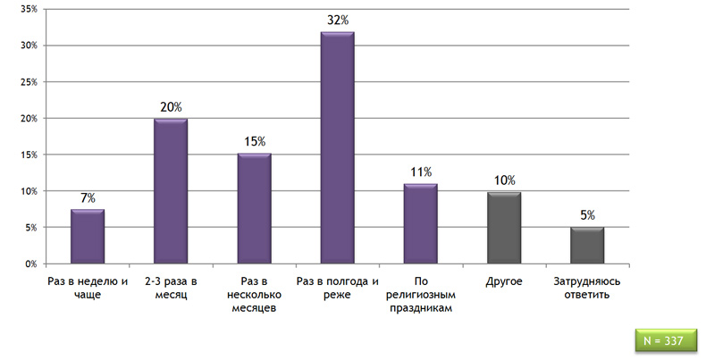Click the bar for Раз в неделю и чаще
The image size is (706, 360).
pyautogui.click(x=88, y=236)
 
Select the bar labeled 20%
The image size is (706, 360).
pyautogui.click(x=171, y=191)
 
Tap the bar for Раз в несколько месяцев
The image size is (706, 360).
pyautogui.click(x=255, y=208)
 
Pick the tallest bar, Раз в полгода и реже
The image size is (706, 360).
pyautogui.click(x=338, y=147)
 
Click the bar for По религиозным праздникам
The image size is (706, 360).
pyautogui.click(x=421, y=223)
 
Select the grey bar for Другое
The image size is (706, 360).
pyautogui.click(x=504, y=228)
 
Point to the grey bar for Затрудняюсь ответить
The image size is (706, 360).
pyautogui.click(x=587, y=246)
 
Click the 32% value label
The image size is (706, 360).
pyautogui.click(x=338, y=21)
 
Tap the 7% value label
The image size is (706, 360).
pyautogui.click(x=88, y=198)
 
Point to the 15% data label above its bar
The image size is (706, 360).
pyautogui.click(x=255, y=142)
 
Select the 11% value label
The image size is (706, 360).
pyautogui.click(x=421, y=172)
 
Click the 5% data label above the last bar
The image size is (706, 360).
pyautogui.click(x=587, y=215)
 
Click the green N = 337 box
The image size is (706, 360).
pyautogui.click(x=666, y=340)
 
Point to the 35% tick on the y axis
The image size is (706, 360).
pyautogui.click(x=29, y=9)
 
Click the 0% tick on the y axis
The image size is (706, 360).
pyautogui.click(x=31, y=264)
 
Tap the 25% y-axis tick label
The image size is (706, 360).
pyautogui.click(x=29, y=82)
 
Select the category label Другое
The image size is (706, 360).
pyautogui.click(x=504, y=281)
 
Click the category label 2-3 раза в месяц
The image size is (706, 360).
pyautogui.click(x=171, y=288)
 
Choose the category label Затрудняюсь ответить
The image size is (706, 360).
pyautogui.click(x=587, y=288)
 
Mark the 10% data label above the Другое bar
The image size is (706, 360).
pyautogui.click(x=504, y=180)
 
